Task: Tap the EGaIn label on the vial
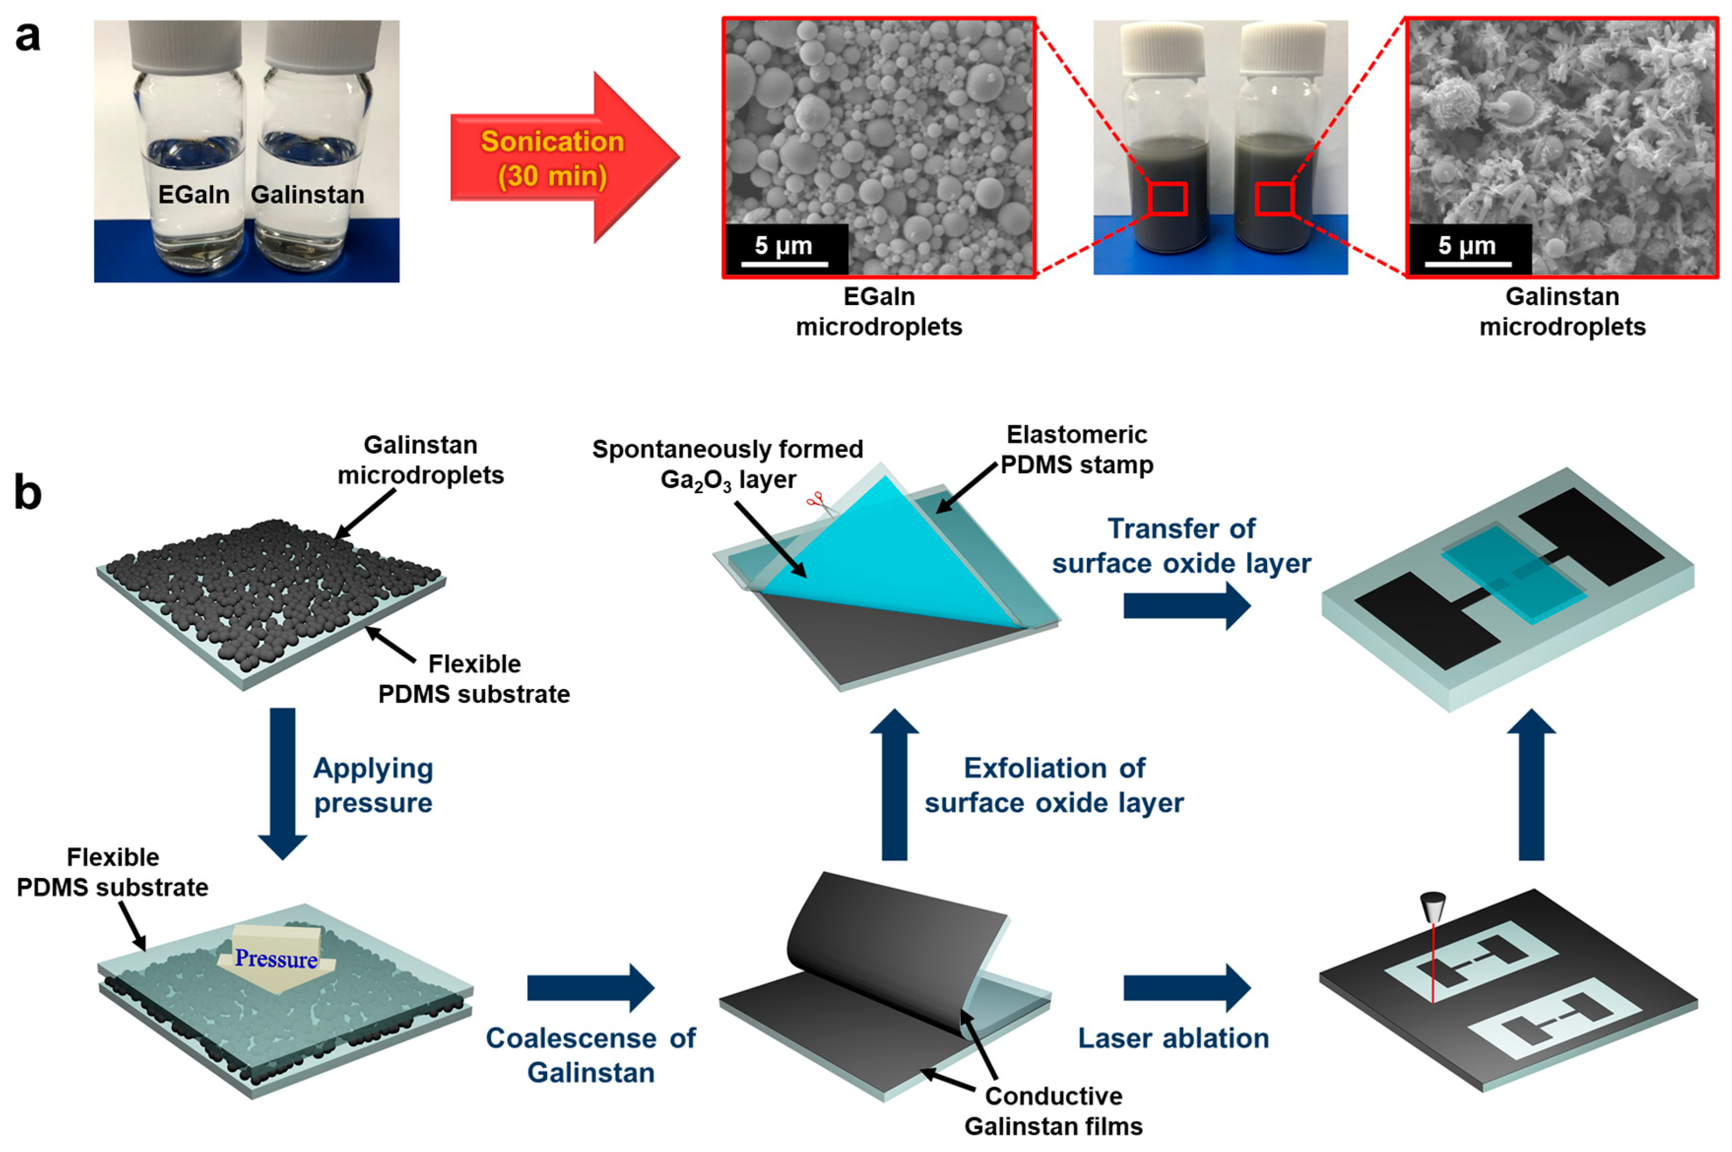[193, 195]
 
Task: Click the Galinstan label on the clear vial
[307, 195]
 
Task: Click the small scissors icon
[816, 502]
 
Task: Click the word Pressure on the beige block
[276, 958]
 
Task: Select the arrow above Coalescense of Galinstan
[590, 988]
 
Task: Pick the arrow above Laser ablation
[1186, 988]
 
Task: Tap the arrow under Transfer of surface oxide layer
[1186, 606]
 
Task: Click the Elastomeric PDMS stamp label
[1077, 450]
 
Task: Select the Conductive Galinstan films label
[1053, 1111]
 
